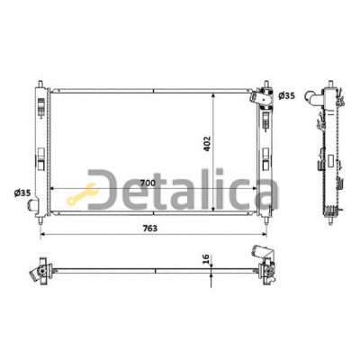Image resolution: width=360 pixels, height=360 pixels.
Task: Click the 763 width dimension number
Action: point(149,229)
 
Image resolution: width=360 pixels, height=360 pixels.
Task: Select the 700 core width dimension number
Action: point(148,183)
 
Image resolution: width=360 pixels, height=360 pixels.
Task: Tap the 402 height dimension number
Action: point(208,144)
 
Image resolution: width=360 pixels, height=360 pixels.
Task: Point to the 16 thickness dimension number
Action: point(206,258)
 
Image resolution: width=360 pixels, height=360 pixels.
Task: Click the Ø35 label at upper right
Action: point(286,96)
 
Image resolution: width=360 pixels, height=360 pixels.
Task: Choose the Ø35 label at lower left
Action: point(22,193)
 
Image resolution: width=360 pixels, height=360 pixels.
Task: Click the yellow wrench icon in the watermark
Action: point(82,194)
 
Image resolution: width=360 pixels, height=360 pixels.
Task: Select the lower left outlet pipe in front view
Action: point(32,204)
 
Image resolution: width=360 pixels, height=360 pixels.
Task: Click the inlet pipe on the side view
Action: point(312,98)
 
